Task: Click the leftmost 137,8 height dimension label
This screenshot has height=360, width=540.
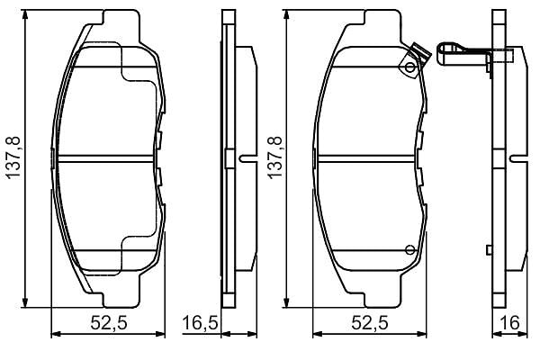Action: (14, 157)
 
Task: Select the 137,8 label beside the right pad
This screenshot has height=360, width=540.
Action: (275, 157)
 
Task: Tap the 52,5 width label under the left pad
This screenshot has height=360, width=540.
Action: (109, 323)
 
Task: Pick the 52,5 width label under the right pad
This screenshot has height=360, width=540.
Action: (370, 323)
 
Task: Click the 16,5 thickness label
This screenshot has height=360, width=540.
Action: (200, 323)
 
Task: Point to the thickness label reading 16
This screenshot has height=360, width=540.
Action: (510, 323)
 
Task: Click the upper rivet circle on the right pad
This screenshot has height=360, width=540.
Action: (409, 67)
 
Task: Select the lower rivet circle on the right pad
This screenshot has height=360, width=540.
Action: (409, 250)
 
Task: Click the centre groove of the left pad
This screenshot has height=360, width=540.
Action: (105, 158)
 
